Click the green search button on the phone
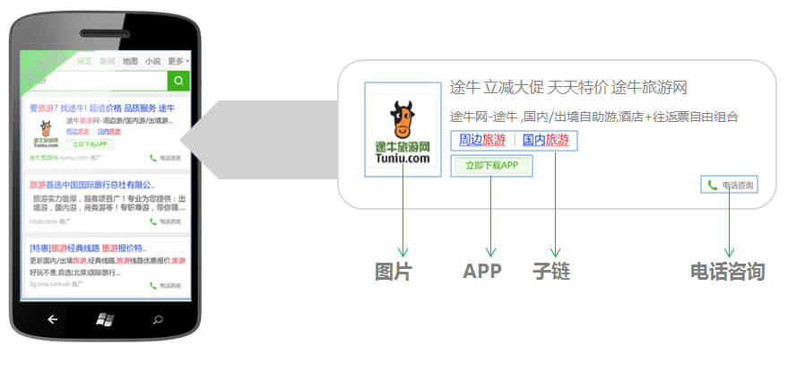pyautogui.click(x=179, y=82)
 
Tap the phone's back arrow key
pyautogui.click(x=52, y=318)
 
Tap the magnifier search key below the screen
pyautogui.click(x=159, y=318)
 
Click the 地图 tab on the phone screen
pyautogui.click(x=130, y=61)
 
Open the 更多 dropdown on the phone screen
pyautogui.click(x=178, y=61)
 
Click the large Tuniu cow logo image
pyautogui.click(x=403, y=129)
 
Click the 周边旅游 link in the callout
pyautogui.click(x=481, y=140)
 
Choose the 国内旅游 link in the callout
pyautogui.click(x=545, y=140)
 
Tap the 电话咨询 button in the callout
pyautogui.click(x=730, y=186)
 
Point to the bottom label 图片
pyautogui.click(x=393, y=271)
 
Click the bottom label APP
pyautogui.click(x=481, y=271)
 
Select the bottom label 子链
pyautogui.click(x=550, y=271)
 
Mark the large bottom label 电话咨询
pyautogui.click(x=727, y=271)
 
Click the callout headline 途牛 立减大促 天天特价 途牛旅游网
pyautogui.click(x=567, y=88)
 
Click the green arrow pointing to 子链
pyautogui.click(x=555, y=205)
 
